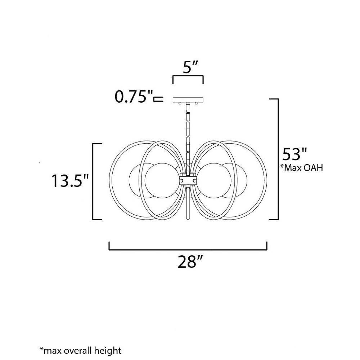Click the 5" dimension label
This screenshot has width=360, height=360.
pos(190,67)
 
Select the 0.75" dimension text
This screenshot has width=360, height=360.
pos(134,96)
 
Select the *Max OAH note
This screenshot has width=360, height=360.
pos(301,168)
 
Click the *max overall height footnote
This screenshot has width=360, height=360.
pos(80,350)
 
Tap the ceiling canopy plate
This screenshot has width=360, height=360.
pos(188,100)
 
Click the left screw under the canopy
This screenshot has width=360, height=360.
pos(180,103)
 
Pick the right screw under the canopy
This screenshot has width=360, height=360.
pos(196,103)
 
